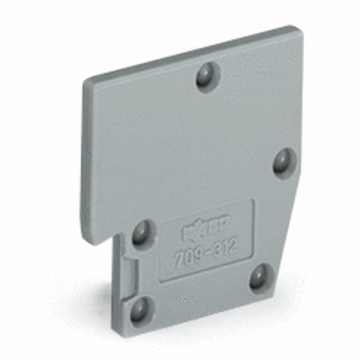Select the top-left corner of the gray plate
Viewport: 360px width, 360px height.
click(85, 78)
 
